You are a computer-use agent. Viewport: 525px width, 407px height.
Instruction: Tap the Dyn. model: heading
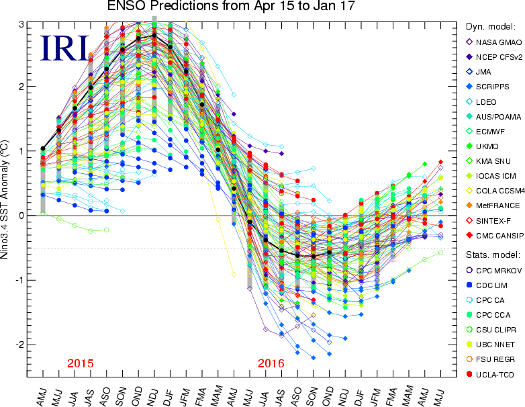[490, 27]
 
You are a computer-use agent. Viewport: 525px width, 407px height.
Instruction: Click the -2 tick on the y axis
[19, 345]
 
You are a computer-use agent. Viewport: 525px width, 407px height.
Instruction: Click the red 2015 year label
[81, 363]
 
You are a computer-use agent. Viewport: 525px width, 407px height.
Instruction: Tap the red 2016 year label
[271, 363]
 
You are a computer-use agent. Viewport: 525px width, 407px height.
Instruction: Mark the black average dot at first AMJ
[43, 148]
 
